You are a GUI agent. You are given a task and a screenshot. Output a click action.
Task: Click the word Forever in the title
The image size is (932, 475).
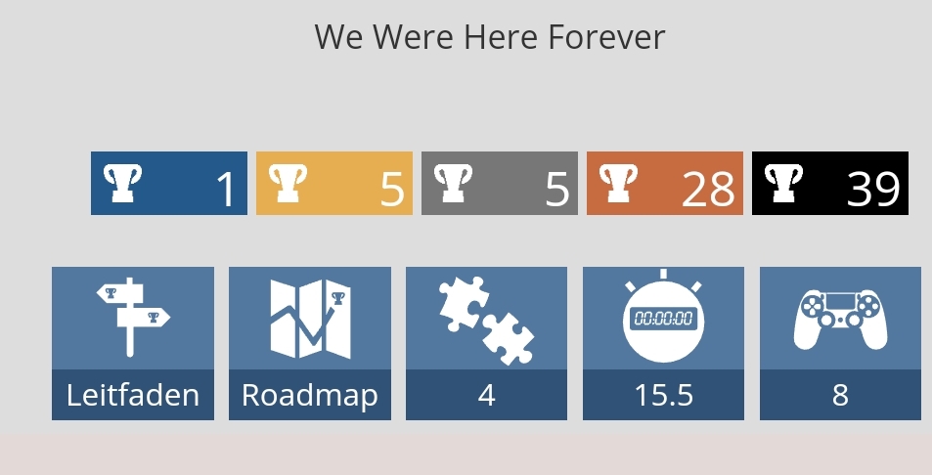coord(606,37)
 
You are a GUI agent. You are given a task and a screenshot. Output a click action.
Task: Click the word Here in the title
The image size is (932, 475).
coord(503,37)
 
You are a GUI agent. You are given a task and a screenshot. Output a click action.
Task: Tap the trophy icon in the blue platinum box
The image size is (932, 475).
coord(122,183)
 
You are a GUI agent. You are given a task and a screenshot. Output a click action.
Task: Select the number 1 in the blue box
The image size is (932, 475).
coord(227,190)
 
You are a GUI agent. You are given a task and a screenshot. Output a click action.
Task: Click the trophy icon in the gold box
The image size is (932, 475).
coord(288,183)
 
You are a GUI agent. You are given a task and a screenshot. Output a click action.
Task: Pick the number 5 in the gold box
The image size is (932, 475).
coord(392,190)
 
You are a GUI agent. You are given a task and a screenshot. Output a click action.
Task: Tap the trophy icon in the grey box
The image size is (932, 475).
coord(453,183)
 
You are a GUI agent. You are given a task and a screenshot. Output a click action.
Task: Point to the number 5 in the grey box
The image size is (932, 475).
coord(556,190)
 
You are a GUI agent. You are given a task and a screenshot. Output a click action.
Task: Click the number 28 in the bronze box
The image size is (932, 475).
coord(708,190)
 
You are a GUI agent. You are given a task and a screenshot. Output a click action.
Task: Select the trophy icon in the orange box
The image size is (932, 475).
coord(618,183)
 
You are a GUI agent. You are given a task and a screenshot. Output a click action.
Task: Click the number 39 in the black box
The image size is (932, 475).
coord(873,190)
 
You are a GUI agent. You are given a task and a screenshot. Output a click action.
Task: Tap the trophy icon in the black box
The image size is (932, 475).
coord(783,183)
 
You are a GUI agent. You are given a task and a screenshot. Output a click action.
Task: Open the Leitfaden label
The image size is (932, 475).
coord(133,395)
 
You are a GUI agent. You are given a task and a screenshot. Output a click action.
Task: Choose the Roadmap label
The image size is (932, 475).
coord(310,396)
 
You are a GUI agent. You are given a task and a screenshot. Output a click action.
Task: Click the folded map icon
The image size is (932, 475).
coord(310,320)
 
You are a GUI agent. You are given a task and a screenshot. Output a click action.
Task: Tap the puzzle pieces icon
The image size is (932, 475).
coord(486,320)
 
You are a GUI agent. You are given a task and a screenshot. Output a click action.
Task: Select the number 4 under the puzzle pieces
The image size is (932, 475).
coord(487,395)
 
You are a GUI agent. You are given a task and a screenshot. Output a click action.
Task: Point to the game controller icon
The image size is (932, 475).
coord(840,320)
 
